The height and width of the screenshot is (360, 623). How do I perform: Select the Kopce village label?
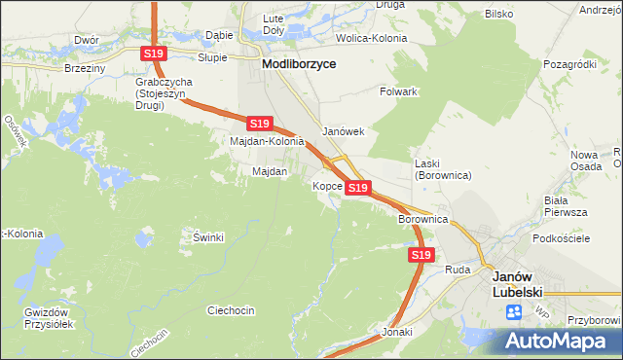pos(326,185)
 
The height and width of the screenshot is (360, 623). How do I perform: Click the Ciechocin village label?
pos(231,310)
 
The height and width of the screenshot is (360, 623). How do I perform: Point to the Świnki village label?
pos(208,237)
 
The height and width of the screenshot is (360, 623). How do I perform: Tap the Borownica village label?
pos(421,221)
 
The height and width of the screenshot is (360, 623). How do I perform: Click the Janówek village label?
pos(343,131)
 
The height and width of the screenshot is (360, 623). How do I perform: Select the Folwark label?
pos(398,91)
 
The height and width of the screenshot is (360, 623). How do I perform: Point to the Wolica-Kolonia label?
pos(371,38)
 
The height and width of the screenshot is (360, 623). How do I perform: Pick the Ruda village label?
pos(458,269)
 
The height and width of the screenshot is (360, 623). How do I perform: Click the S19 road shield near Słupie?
pos(152,54)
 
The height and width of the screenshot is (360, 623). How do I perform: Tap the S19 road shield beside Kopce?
pos(357,187)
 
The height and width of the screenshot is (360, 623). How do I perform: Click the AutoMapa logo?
pos(558,341)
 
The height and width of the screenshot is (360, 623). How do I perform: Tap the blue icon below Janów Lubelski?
pos(513,312)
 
